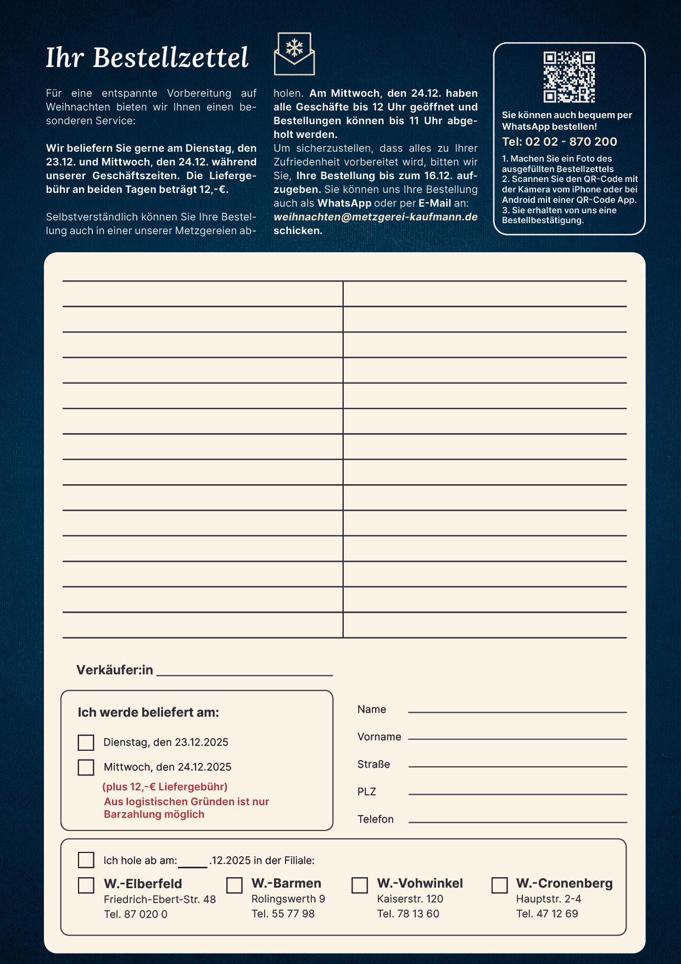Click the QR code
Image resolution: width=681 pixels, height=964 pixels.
click(x=569, y=77)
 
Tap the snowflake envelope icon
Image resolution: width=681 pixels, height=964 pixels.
click(x=294, y=54)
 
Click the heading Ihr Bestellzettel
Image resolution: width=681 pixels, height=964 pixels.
click(x=147, y=58)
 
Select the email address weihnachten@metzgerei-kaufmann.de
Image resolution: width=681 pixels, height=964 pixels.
click(x=376, y=217)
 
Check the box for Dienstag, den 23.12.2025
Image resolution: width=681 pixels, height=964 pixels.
click(x=86, y=743)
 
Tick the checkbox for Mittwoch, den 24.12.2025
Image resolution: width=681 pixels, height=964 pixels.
click(x=86, y=767)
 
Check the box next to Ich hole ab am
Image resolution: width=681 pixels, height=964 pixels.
click(x=86, y=860)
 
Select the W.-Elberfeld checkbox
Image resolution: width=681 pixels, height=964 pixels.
click(x=86, y=885)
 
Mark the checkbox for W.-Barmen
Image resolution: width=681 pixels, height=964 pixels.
click(x=235, y=885)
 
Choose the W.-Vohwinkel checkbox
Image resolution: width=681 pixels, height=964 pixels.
click(x=360, y=885)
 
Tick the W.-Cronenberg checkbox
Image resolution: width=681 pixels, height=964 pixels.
click(x=499, y=885)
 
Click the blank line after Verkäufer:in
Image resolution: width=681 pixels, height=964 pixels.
click(x=244, y=671)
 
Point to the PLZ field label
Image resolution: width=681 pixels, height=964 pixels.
click(x=367, y=791)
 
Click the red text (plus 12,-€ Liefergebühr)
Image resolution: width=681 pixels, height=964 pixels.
click(x=165, y=786)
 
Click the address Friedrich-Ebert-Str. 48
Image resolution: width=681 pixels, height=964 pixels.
click(x=160, y=899)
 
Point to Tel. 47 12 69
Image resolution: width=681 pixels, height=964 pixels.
click(x=547, y=913)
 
